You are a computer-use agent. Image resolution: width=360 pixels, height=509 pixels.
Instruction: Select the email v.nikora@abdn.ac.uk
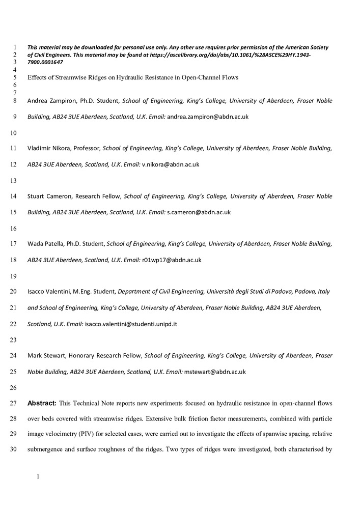[171, 164]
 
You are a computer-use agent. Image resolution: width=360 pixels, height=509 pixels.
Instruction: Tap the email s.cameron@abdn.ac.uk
[199, 212]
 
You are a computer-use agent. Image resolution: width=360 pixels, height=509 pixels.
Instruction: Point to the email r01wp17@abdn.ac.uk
[172, 260]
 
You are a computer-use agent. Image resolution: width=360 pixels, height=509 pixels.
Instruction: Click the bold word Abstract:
[42, 404]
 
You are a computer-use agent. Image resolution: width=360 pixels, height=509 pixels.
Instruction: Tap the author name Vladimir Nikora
[49, 149]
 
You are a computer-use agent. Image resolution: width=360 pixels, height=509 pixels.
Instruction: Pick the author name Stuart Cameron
[48, 196]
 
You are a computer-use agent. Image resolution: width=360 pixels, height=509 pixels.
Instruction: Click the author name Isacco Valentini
[48, 292]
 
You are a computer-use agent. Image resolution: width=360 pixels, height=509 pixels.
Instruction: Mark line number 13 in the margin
[13, 180]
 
